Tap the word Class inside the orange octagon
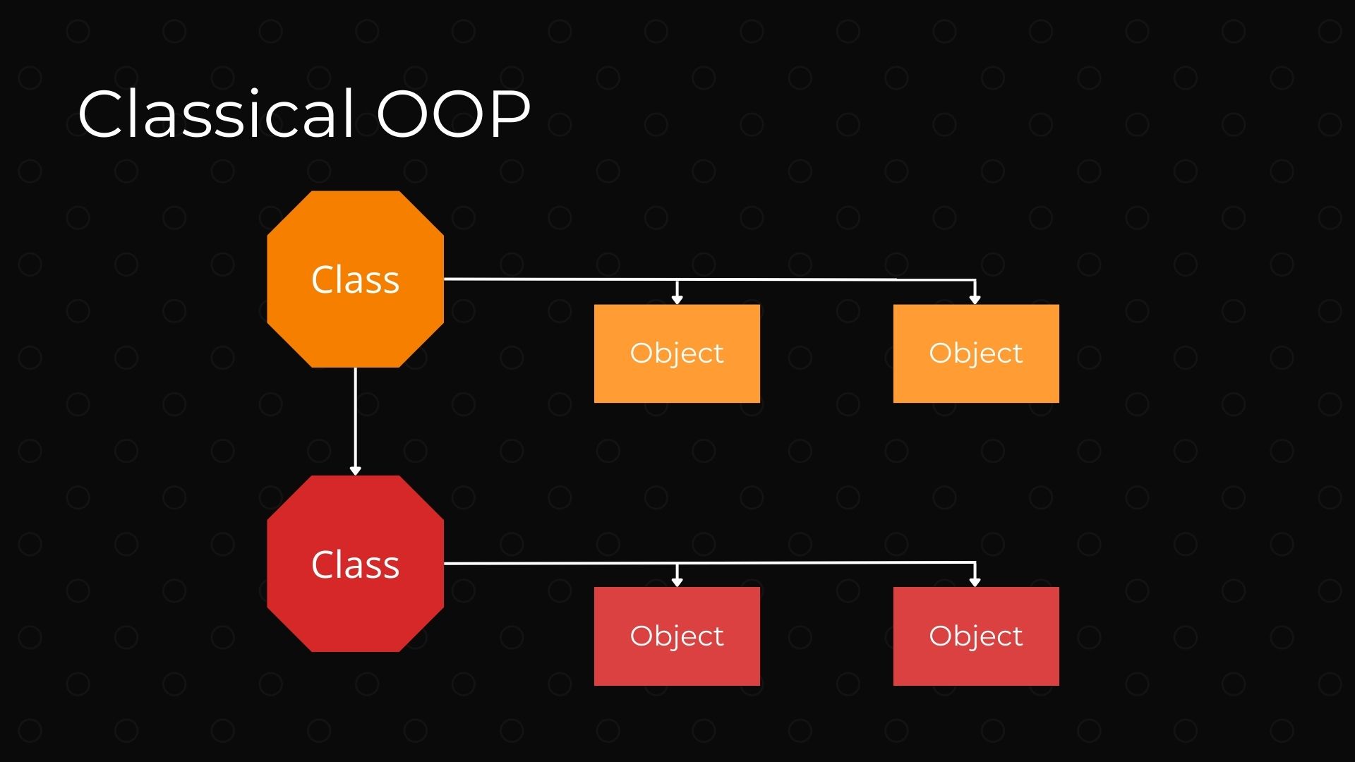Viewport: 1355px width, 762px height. tap(355, 279)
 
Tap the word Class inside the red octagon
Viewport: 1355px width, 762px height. tap(355, 564)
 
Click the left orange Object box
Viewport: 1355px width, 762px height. tap(677, 381)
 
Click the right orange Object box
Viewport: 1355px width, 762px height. tap(976, 381)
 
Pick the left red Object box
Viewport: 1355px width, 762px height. tap(677, 664)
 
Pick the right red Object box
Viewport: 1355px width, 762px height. tap(976, 664)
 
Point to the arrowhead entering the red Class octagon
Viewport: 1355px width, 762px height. tap(355, 471)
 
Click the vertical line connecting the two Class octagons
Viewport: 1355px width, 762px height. tap(355, 416)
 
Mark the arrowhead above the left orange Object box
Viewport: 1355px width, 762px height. tap(677, 299)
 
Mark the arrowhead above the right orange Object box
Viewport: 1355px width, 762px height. tap(975, 299)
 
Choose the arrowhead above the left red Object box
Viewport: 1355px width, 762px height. tap(677, 582)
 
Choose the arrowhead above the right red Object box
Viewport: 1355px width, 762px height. tap(975, 582)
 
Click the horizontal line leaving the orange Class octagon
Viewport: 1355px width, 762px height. tap(558, 279)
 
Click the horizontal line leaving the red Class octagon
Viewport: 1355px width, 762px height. tap(558, 563)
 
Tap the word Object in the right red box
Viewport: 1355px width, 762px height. tap(976, 636)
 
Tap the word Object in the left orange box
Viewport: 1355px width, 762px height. tap(677, 353)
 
